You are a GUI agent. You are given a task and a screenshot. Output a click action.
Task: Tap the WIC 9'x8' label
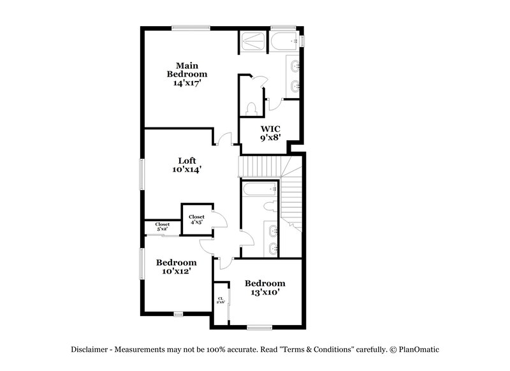(270, 132)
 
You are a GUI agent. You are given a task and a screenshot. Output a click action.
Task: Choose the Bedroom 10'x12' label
(176, 266)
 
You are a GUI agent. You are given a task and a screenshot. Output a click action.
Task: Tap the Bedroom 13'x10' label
(266, 287)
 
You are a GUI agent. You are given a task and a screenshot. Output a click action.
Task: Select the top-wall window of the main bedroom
(191, 27)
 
